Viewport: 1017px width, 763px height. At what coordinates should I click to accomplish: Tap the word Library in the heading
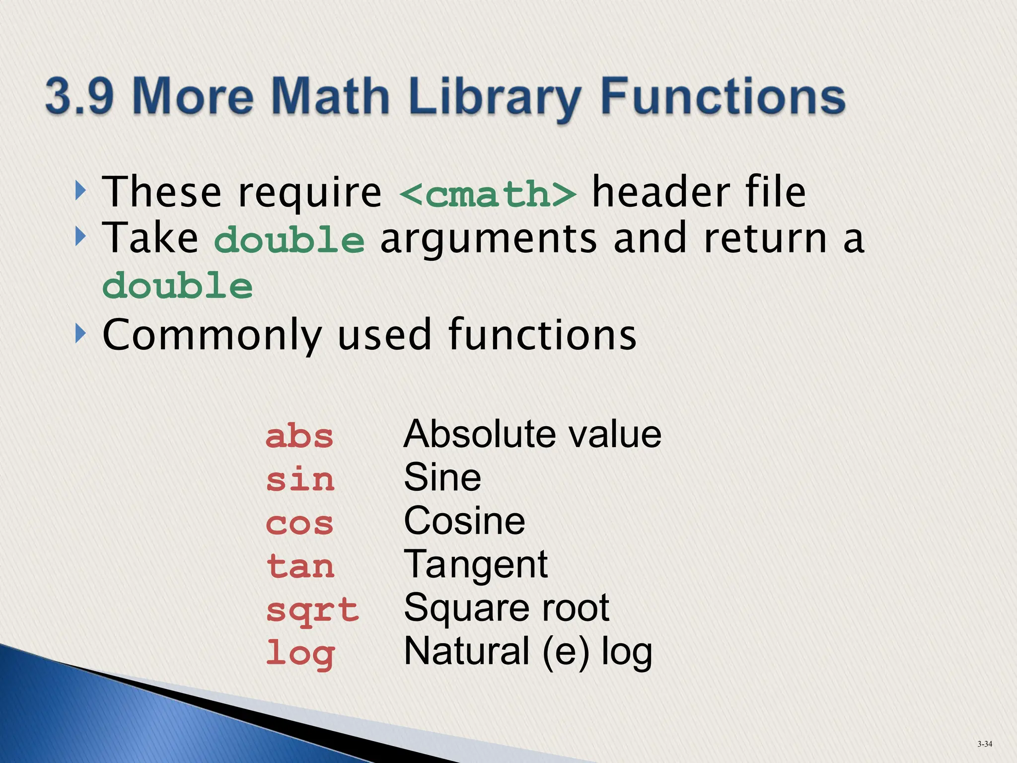(495, 97)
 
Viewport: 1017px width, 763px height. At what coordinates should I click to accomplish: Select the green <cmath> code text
(488, 194)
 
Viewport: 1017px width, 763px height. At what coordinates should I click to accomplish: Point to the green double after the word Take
(290, 240)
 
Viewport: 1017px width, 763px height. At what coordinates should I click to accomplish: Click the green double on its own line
(178, 287)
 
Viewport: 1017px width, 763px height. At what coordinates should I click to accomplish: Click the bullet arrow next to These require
(80, 191)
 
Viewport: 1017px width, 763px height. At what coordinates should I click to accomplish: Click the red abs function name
(299, 437)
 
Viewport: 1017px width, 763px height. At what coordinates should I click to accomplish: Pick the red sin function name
(300, 480)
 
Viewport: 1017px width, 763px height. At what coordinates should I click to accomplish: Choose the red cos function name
(299, 524)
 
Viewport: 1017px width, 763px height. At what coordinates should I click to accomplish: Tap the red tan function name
(300, 567)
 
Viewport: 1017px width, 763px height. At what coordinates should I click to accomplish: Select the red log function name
(300, 654)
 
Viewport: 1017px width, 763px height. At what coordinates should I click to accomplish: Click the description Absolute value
(532, 434)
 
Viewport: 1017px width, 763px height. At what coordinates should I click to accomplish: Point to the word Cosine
(464, 521)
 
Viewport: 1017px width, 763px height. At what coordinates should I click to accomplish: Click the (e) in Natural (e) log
(566, 652)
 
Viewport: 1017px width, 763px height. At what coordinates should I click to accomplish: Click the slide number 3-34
(984, 744)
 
